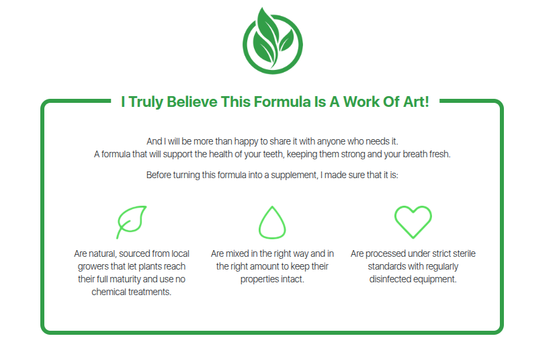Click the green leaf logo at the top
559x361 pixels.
point(273,41)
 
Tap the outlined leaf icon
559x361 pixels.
point(132,222)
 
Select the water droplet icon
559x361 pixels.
point(272,223)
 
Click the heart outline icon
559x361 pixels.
point(413,222)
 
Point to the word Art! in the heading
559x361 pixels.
point(416,102)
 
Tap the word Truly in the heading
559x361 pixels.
point(146,102)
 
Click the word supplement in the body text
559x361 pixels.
point(294,175)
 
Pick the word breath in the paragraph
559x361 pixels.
point(415,154)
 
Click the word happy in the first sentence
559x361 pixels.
point(247,142)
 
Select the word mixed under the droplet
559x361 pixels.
point(237,253)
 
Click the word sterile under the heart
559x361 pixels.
point(464,253)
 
